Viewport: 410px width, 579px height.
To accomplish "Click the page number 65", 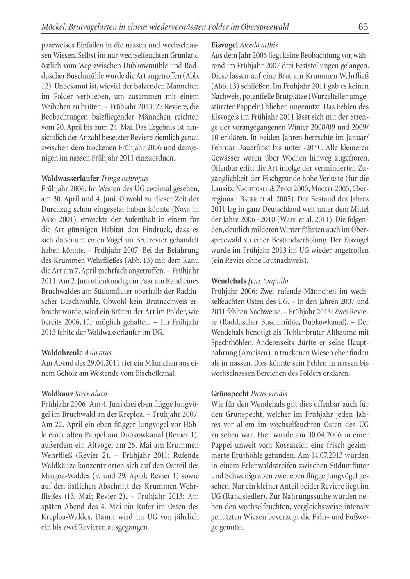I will (x=363, y=27).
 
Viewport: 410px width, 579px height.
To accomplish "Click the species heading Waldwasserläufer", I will (x=70, y=179).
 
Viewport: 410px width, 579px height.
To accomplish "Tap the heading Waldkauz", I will (x=58, y=394).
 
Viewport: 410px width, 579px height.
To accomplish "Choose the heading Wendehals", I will (x=229, y=281).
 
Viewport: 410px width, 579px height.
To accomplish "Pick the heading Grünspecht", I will (x=230, y=394).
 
